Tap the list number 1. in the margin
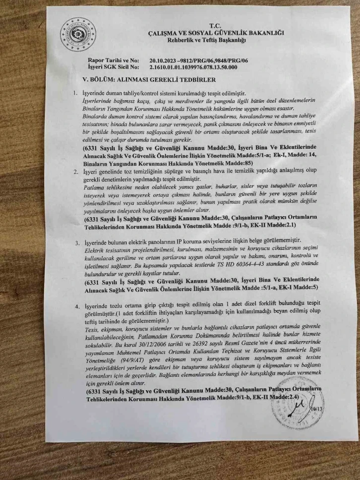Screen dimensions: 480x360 tap(75, 94)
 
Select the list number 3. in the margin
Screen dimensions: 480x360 tap(77, 242)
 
